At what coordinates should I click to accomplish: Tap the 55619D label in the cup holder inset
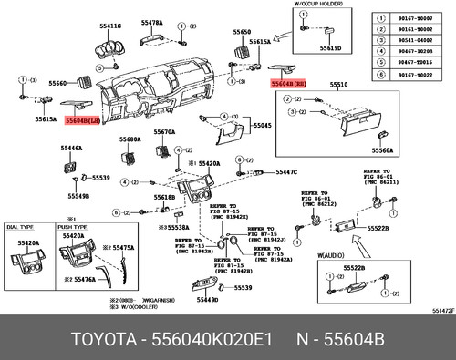coord(330,48)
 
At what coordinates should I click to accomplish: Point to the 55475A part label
coord(123,248)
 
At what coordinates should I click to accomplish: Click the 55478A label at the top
coord(152,21)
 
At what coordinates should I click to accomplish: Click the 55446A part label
coord(73,147)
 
